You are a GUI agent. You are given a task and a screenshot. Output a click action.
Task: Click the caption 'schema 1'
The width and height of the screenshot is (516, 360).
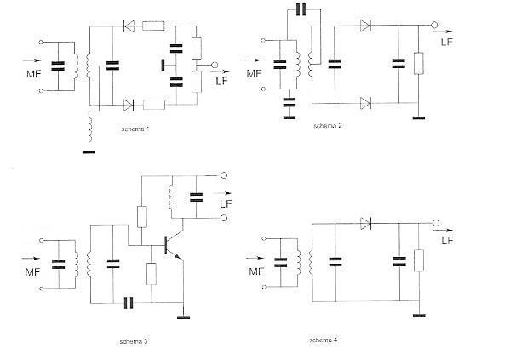(x=135, y=129)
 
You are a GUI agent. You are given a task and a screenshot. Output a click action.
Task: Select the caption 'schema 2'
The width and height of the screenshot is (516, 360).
(x=328, y=126)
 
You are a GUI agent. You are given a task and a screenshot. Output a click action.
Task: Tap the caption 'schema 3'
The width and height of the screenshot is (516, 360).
(x=134, y=341)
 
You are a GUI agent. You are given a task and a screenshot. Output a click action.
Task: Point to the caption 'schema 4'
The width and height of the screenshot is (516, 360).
(x=324, y=340)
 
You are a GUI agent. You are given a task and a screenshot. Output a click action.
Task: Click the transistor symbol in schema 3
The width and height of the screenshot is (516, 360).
(x=173, y=245)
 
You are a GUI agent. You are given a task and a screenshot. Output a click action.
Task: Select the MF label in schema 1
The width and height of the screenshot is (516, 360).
(x=34, y=74)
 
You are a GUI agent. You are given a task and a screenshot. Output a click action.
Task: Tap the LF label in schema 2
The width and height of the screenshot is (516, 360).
(x=446, y=42)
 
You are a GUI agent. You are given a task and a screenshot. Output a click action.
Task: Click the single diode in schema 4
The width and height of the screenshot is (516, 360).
(x=365, y=224)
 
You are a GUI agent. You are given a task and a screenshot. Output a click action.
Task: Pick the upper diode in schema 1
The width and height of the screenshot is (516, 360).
(x=129, y=26)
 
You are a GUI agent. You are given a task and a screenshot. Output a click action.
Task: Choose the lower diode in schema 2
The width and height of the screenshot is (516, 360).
(x=365, y=103)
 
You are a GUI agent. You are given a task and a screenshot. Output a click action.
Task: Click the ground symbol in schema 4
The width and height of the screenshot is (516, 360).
(x=419, y=316)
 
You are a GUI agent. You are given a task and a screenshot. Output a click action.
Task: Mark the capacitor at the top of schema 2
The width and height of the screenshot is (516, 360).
(x=301, y=9)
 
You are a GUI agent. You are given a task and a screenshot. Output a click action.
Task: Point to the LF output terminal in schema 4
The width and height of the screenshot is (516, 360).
(x=436, y=223)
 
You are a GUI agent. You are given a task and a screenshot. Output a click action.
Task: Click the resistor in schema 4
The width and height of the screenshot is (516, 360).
(x=419, y=260)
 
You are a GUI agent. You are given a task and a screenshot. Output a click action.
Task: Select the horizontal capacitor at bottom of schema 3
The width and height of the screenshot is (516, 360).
(x=129, y=303)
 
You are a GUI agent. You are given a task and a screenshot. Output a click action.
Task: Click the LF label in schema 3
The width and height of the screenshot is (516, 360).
(x=226, y=204)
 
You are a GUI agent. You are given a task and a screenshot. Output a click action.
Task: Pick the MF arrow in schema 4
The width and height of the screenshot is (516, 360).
(x=255, y=259)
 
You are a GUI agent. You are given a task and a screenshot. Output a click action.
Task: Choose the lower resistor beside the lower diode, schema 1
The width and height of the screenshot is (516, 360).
(x=154, y=105)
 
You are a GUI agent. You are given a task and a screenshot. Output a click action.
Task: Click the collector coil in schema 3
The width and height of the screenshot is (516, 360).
(x=171, y=197)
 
